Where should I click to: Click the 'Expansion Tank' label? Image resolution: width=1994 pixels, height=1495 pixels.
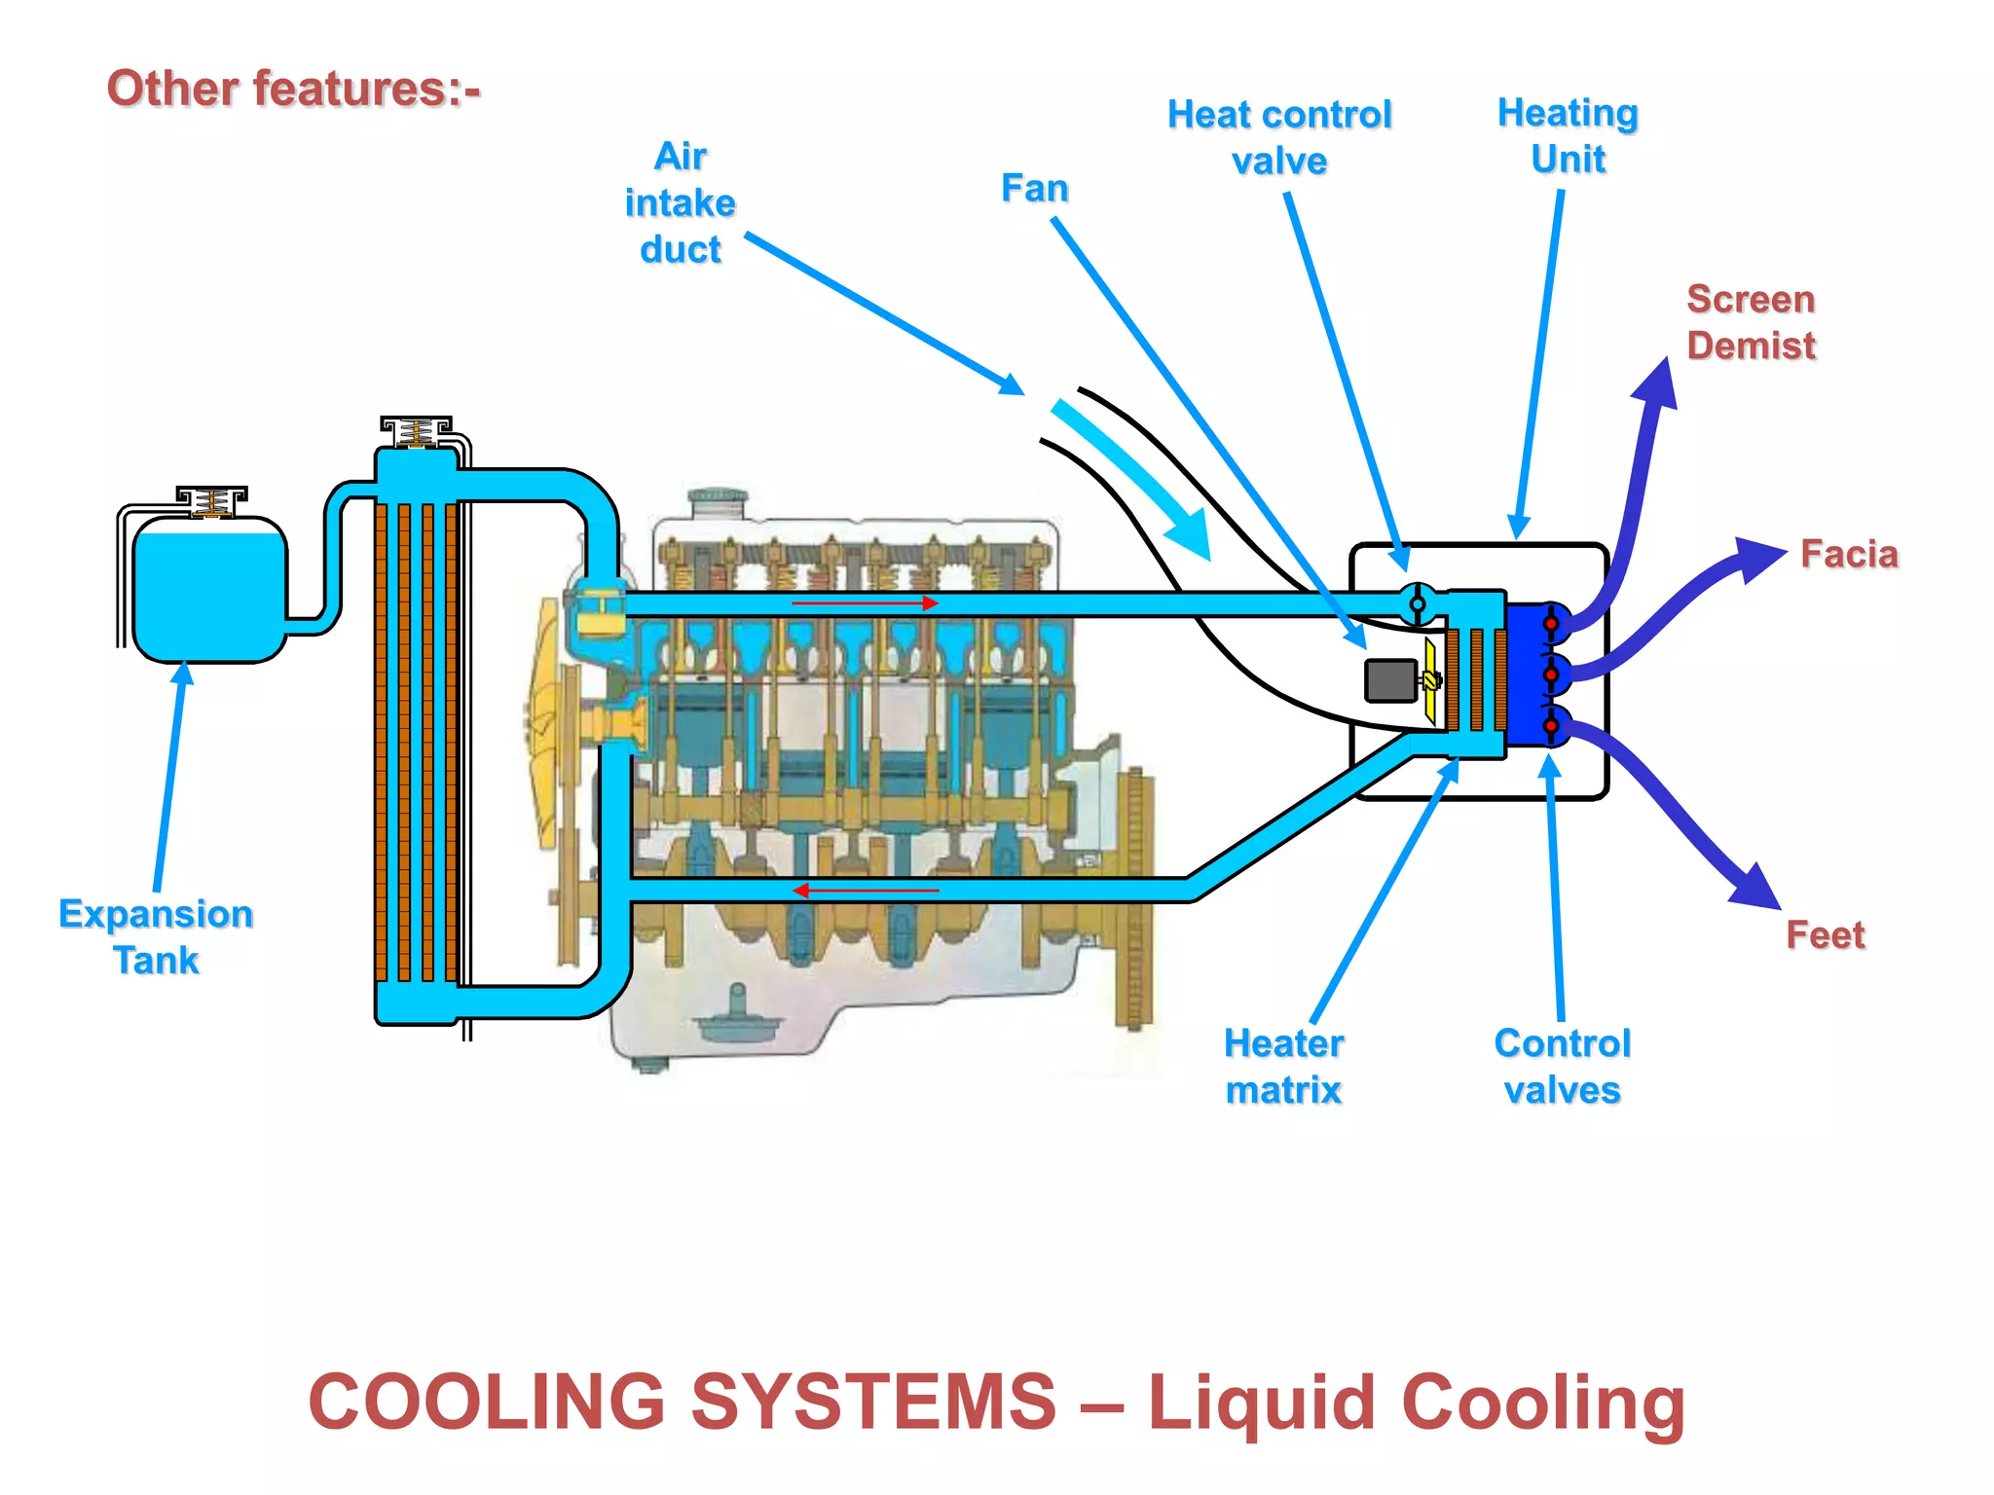pos(156,936)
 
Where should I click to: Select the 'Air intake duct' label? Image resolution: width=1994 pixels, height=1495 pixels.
pos(681,202)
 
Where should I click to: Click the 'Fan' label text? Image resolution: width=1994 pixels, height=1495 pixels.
pos(1034,188)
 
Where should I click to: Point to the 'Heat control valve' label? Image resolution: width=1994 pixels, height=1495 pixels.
pos(1279,137)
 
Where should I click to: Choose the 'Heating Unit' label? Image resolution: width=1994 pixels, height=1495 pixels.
pos(1568,135)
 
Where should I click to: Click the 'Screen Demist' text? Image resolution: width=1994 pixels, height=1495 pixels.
pos(1751,322)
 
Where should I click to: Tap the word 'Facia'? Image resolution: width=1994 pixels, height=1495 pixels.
pos(1848,554)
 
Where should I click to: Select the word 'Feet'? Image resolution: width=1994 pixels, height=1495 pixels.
pos(1825,934)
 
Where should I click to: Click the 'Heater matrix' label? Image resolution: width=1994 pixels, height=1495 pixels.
pos(1283,1066)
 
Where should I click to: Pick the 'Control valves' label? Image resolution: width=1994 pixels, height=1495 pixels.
pos(1562,1066)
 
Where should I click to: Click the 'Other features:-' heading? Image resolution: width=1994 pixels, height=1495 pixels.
pos(293,89)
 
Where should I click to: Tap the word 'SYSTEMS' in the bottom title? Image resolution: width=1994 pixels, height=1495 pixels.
pos(873,1402)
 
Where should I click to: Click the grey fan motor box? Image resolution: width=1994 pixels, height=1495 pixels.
pos(1390,680)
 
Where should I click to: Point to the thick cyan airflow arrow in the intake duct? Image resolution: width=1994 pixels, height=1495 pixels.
pos(1134,480)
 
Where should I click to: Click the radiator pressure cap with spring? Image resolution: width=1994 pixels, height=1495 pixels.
pos(416,431)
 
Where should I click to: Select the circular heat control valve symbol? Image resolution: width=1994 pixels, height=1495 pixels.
pos(1418,604)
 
